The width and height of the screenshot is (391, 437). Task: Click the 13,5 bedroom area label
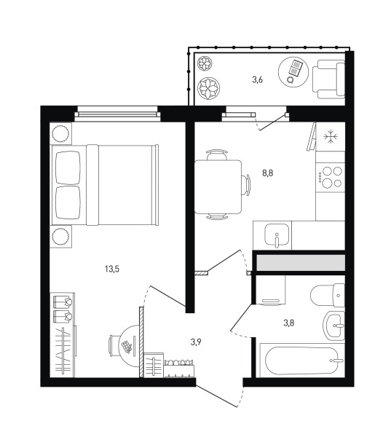[112, 269]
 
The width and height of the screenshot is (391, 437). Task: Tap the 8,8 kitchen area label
[267, 173]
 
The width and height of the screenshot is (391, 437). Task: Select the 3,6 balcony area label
[257, 80]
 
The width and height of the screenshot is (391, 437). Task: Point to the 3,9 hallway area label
[196, 342]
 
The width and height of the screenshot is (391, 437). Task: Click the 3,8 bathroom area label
[289, 323]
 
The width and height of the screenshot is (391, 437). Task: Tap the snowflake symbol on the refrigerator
[331, 137]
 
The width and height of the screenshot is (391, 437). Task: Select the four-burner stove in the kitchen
[331, 177]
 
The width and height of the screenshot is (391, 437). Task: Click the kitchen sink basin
[277, 235]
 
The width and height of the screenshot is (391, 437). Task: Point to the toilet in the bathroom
[328, 295]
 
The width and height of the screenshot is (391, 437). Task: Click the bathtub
[302, 361]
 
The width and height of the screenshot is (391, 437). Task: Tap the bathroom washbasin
[334, 326]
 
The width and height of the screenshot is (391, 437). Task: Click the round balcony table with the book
[293, 72]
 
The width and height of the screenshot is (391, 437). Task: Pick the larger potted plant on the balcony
[208, 88]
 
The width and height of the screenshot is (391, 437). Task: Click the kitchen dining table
[218, 186]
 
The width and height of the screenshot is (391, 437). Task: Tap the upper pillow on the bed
[68, 168]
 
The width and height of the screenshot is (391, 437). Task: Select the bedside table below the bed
[60, 236]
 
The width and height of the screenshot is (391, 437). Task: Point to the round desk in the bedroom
[129, 346]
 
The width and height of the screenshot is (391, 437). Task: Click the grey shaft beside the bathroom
[301, 262]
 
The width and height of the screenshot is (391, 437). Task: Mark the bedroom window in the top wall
[118, 114]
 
